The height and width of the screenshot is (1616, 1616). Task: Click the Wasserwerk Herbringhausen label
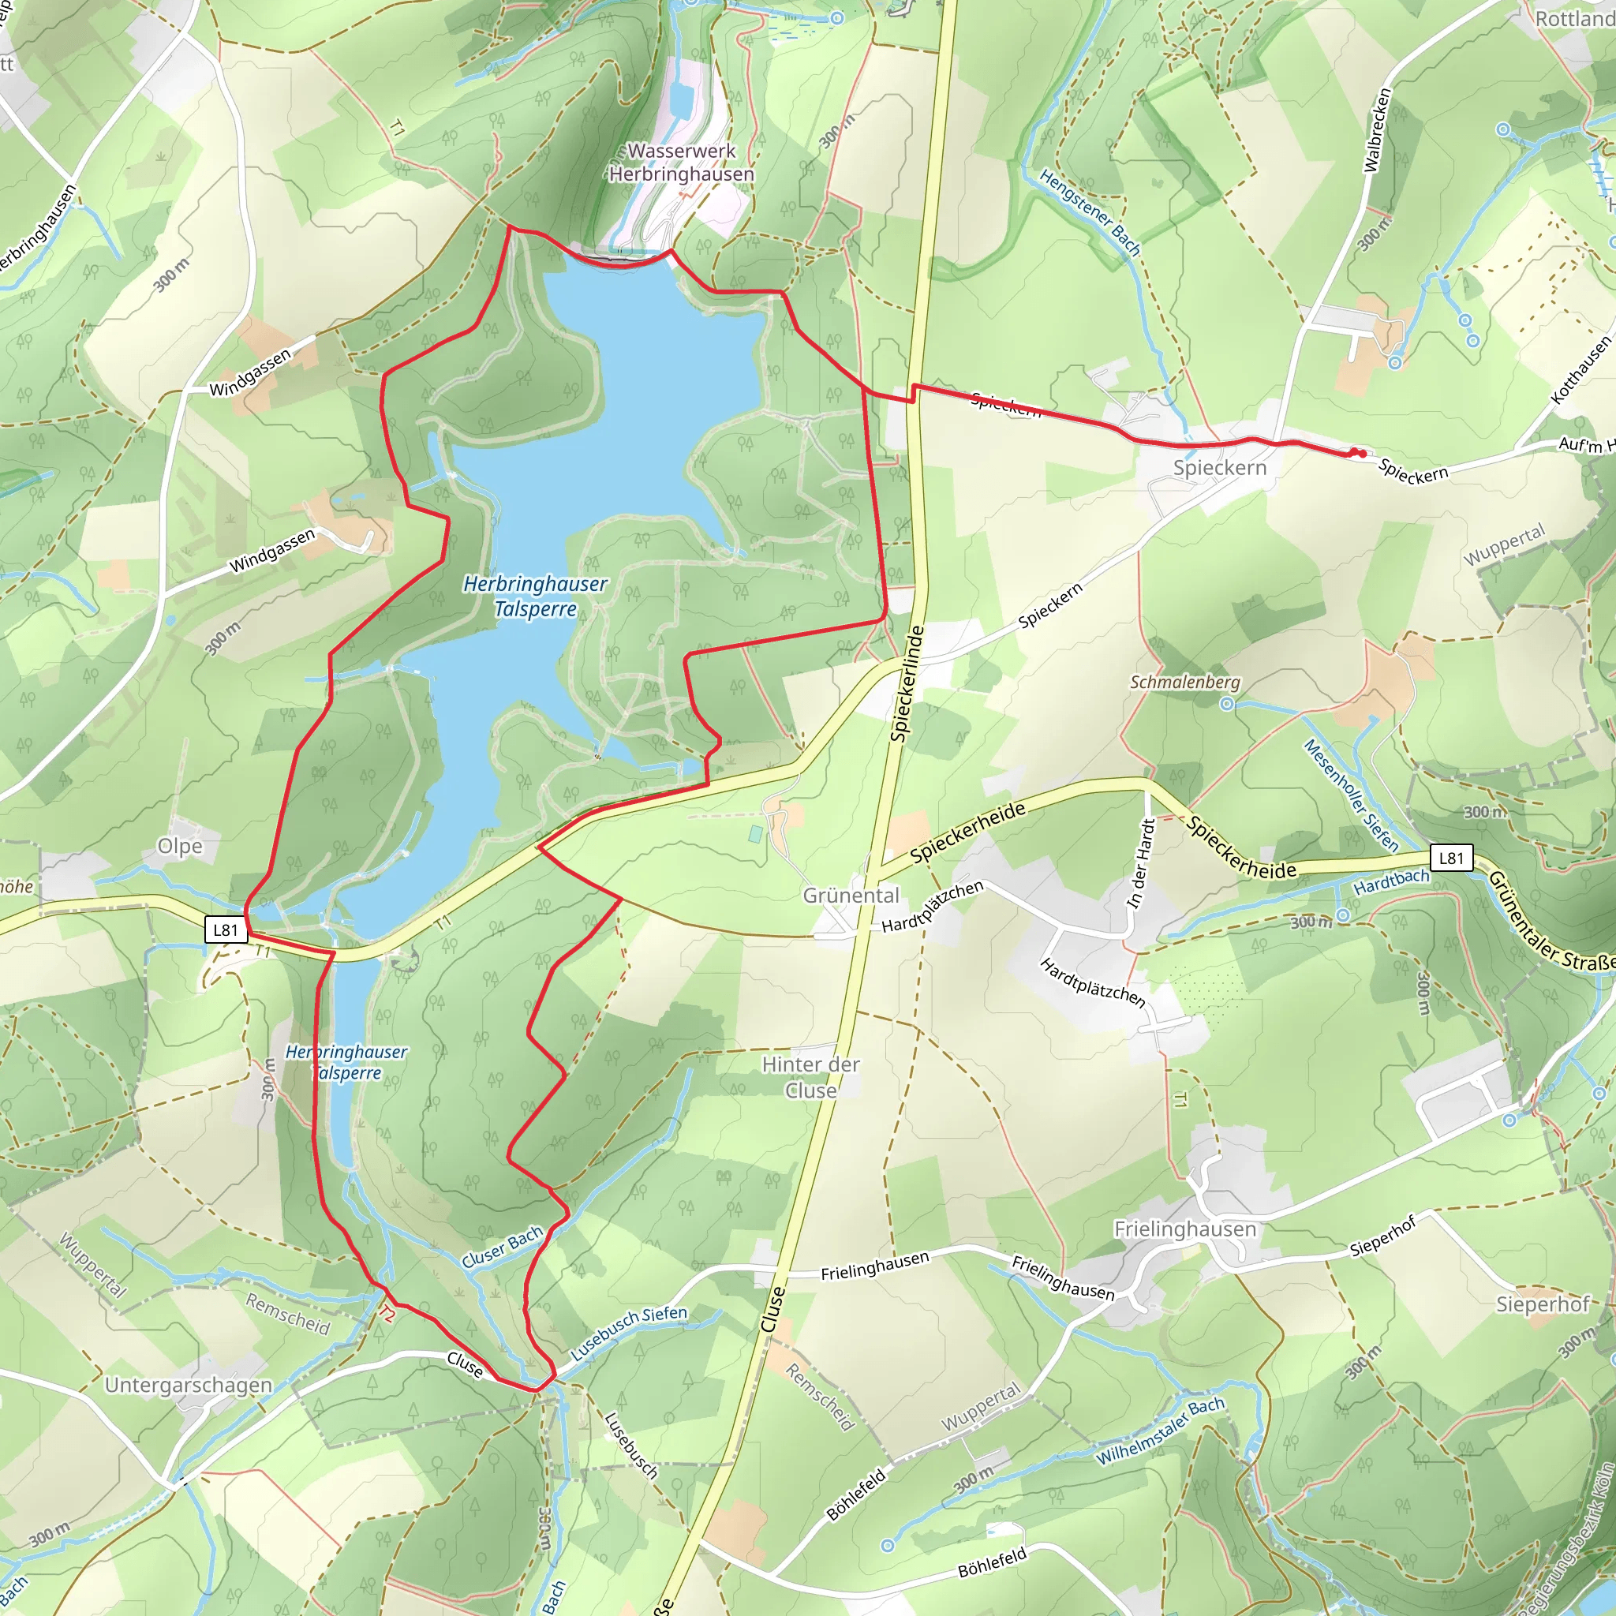pyautogui.click(x=681, y=163)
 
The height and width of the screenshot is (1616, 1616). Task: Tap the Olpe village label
pyautogui.click(x=180, y=846)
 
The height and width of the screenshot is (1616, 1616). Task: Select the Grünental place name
pyautogui.click(x=851, y=895)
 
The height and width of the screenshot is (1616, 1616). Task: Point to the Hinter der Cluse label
pyautogui.click(x=810, y=1077)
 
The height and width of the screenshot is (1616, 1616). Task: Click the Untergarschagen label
pyautogui.click(x=189, y=1386)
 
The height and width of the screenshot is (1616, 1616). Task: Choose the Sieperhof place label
pyautogui.click(x=1543, y=1304)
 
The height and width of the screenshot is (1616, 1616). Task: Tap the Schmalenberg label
pyautogui.click(x=1184, y=683)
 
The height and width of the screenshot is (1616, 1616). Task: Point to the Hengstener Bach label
pyautogui.click(x=1090, y=211)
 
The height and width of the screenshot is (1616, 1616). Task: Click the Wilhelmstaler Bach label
pyautogui.click(x=1160, y=1431)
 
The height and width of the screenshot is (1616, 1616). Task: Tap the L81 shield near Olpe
pyautogui.click(x=226, y=930)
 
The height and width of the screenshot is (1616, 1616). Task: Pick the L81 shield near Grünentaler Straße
pyautogui.click(x=1450, y=858)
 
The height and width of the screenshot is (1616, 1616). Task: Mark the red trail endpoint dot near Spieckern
pyautogui.click(x=1362, y=454)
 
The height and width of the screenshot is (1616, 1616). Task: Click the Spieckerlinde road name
pyautogui.click(x=907, y=683)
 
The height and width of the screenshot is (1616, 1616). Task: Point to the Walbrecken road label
pyautogui.click(x=1377, y=130)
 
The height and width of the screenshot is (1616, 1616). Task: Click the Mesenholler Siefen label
pyautogui.click(x=1351, y=795)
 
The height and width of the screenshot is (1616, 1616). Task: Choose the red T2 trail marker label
pyautogui.click(x=386, y=1314)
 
